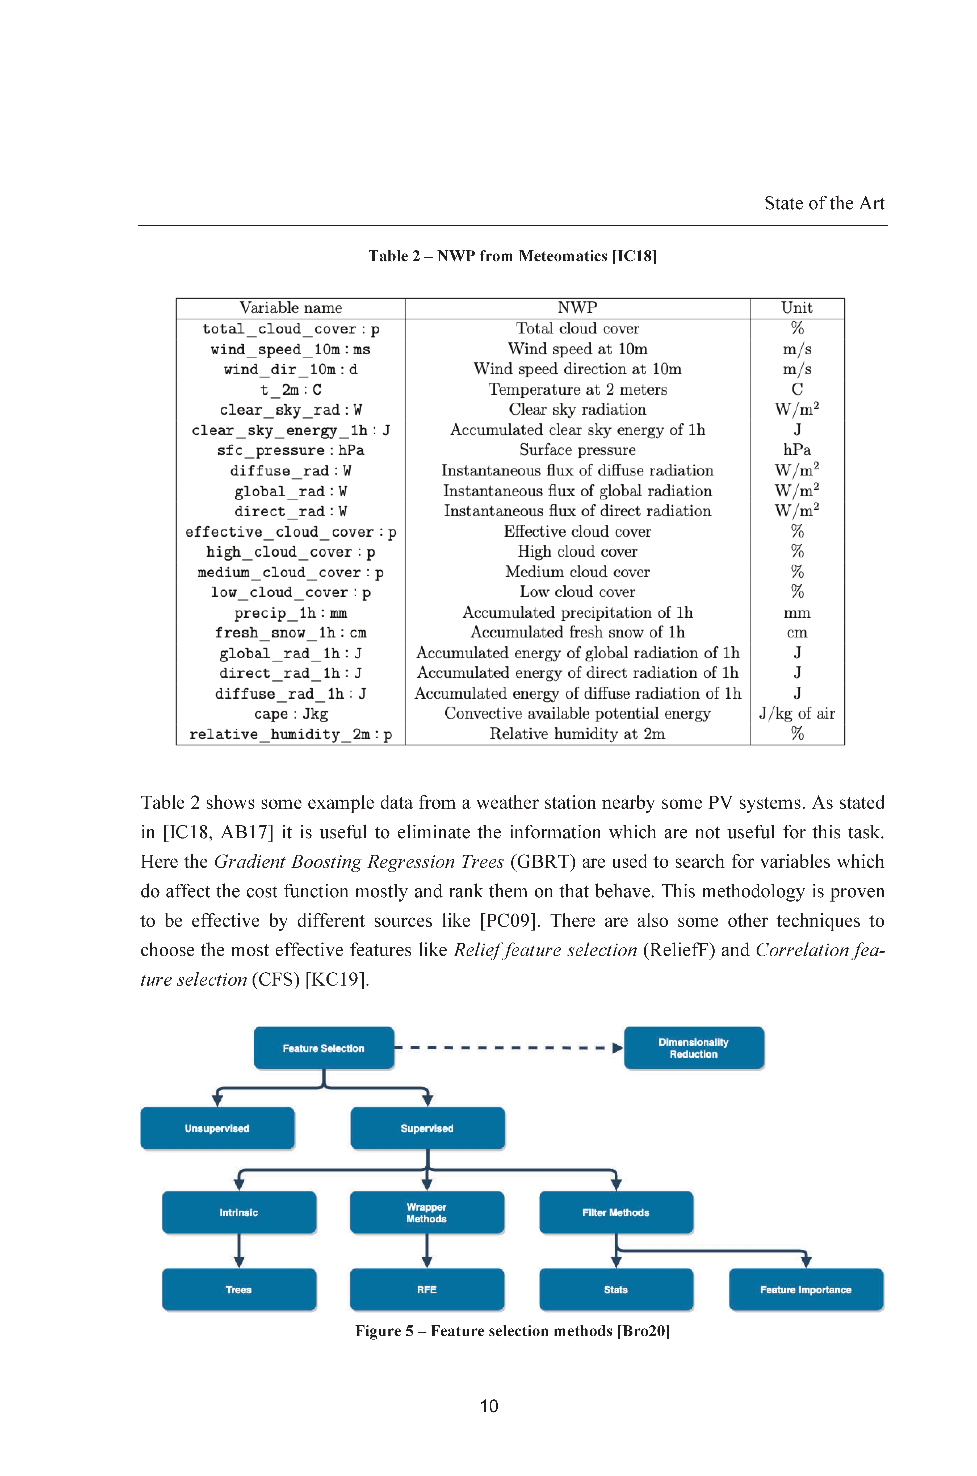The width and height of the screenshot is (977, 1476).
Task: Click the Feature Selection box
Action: click(323, 1048)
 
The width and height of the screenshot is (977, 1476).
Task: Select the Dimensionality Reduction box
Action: click(694, 1048)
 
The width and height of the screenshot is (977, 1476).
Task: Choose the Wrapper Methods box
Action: click(427, 1212)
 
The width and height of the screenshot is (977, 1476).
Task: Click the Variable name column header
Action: click(291, 308)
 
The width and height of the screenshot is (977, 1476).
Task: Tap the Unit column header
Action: click(797, 308)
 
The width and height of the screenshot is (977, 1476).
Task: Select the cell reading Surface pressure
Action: click(578, 450)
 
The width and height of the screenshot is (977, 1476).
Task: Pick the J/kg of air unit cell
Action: click(797, 714)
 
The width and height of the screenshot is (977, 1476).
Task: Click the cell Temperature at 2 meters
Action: click(578, 390)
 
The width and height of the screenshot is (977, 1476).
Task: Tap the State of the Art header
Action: click(824, 203)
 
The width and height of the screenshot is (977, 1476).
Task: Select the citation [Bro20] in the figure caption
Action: click(644, 1331)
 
